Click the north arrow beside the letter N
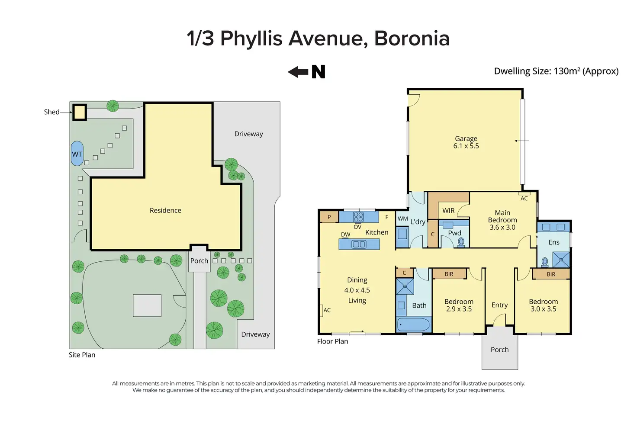(x=298, y=72)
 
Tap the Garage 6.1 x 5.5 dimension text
(x=466, y=146)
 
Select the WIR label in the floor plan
(x=448, y=211)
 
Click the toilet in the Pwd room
(x=461, y=242)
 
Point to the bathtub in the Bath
(x=413, y=324)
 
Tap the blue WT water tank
(x=77, y=154)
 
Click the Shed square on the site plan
(x=80, y=112)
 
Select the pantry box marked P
(x=329, y=217)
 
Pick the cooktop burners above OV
(x=358, y=217)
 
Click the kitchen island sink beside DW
(x=359, y=244)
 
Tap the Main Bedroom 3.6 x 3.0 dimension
(x=502, y=227)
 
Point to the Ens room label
(x=553, y=242)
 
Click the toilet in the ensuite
(x=545, y=262)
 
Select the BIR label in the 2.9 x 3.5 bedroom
(x=449, y=274)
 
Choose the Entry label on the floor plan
(x=499, y=305)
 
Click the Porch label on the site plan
(x=199, y=261)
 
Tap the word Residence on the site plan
(x=165, y=210)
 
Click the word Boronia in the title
(x=412, y=39)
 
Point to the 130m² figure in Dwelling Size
(x=566, y=71)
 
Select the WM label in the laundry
(x=403, y=218)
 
